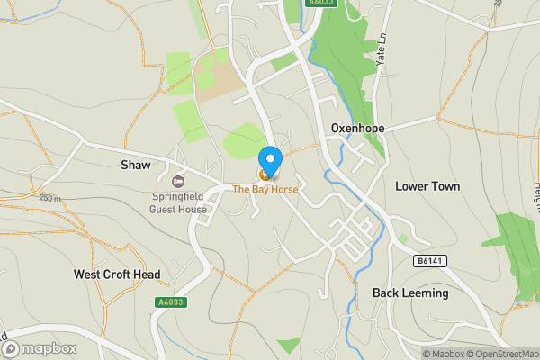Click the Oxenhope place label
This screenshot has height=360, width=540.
pos(357,129)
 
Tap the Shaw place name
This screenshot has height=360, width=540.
pos(135,165)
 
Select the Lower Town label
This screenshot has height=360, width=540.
pos(427,186)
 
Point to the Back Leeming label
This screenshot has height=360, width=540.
pos(410,293)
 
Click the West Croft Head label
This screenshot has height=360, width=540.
pos(117,274)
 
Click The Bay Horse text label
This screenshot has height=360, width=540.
pos(265,190)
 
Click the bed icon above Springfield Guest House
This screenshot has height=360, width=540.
pos(177,183)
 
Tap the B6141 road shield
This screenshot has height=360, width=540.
pos(430,261)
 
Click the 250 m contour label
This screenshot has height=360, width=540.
pos(50,199)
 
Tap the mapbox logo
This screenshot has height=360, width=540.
pos(40,348)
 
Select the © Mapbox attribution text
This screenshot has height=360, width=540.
pos(443,354)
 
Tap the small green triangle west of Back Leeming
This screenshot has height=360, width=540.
pos(290,345)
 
